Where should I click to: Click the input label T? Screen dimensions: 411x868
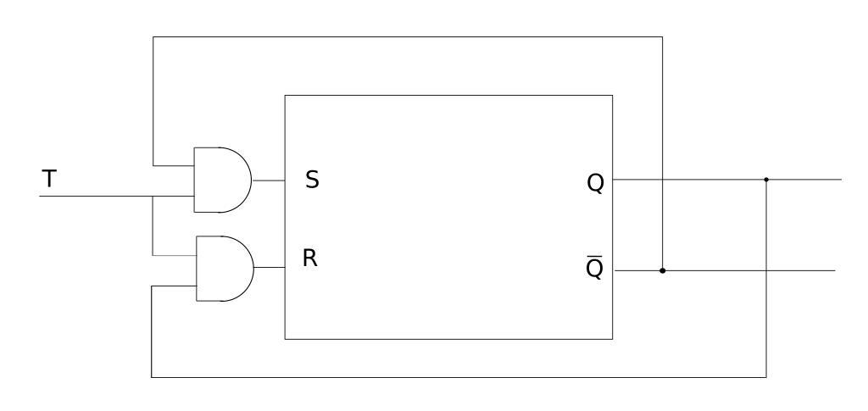click(x=50, y=179)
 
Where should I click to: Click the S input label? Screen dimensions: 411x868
click(x=312, y=180)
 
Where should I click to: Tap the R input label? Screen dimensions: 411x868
click(x=310, y=258)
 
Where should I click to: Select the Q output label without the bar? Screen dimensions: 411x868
click(x=595, y=184)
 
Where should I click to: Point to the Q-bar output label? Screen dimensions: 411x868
click(x=595, y=268)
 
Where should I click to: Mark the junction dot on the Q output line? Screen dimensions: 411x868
click(x=766, y=180)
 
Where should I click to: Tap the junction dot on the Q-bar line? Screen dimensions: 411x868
click(x=662, y=271)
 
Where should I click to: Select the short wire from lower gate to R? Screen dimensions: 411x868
click(x=269, y=267)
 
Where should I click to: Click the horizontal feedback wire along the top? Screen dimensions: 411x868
click(x=407, y=36)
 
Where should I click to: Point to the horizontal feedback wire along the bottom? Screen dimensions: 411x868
click(x=458, y=376)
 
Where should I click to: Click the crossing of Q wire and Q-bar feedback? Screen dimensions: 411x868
click(x=662, y=180)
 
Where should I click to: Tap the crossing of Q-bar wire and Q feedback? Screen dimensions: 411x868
click(x=766, y=271)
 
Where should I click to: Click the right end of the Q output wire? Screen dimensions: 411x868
click(x=839, y=180)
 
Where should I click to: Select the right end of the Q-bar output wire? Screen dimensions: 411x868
click(x=833, y=271)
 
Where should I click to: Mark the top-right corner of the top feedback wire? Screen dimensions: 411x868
click(x=662, y=36)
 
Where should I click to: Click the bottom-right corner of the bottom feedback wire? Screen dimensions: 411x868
click(x=766, y=376)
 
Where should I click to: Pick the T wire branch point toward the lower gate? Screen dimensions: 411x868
click(x=153, y=197)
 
